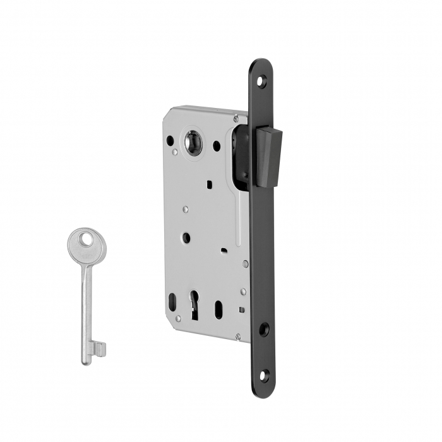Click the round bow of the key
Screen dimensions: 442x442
pyautogui.click(x=87, y=244)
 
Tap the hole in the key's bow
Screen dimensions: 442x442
pyautogui.click(x=85, y=239)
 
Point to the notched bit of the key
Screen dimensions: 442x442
pyautogui.click(x=99, y=348)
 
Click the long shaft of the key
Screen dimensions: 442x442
pyautogui.click(x=87, y=303)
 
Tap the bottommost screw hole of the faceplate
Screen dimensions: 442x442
pyautogui.click(x=264, y=375)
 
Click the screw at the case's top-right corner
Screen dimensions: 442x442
pyautogui.click(x=236, y=117)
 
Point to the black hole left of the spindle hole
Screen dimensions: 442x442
pyautogui.click(x=169, y=140)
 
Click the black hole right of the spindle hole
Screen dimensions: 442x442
pyautogui.click(x=217, y=146)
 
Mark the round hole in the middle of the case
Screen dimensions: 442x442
pyautogui.click(x=186, y=237)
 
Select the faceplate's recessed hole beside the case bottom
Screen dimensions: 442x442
pyautogui.click(x=264, y=328)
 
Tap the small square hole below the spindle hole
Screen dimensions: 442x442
pyautogui.click(x=208, y=184)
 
